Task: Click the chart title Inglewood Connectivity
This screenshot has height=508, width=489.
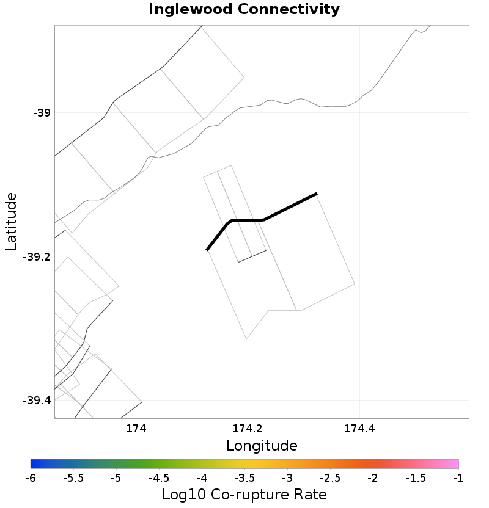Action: click(x=244, y=10)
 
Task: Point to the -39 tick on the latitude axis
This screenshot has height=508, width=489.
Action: click(x=42, y=113)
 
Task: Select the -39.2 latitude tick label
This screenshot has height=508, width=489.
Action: click(x=37, y=257)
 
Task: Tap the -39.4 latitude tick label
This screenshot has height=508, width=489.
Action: click(x=37, y=401)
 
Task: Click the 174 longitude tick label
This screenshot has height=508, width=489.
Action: click(x=136, y=429)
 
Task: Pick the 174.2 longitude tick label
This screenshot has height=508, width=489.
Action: click(x=248, y=429)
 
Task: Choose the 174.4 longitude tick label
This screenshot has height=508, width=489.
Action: click(x=360, y=429)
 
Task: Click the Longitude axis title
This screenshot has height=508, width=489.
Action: click(x=262, y=446)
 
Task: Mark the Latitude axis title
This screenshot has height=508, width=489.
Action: click(x=11, y=221)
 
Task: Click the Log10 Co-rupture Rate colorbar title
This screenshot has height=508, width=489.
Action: click(x=244, y=494)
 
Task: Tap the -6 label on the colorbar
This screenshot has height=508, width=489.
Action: click(x=31, y=477)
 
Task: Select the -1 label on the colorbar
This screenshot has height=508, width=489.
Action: click(x=458, y=477)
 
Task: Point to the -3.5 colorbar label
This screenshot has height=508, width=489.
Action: click(x=244, y=477)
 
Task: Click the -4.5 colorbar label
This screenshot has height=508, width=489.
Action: click(x=159, y=477)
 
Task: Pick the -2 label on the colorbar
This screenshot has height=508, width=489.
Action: click(x=372, y=477)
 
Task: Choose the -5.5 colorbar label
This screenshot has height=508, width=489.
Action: click(x=73, y=477)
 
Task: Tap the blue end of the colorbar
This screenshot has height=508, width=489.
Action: click(x=34, y=463)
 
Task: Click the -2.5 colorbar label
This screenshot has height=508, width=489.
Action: click(x=329, y=477)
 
